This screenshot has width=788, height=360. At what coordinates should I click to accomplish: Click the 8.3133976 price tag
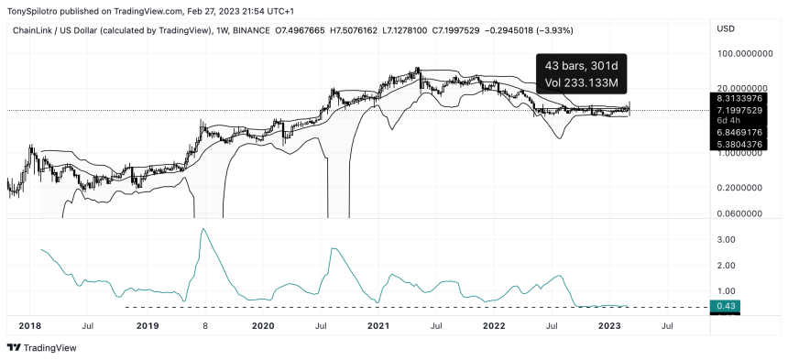738,97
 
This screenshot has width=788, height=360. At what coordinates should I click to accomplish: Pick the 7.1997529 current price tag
738,109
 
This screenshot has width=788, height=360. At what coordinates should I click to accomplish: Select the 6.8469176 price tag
738,133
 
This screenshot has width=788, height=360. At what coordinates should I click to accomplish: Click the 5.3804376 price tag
738,144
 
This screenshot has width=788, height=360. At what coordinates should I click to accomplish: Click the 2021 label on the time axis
378,325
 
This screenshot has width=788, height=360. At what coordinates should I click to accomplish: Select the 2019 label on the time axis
147,325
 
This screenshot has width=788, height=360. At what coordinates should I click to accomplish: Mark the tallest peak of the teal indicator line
202,229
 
